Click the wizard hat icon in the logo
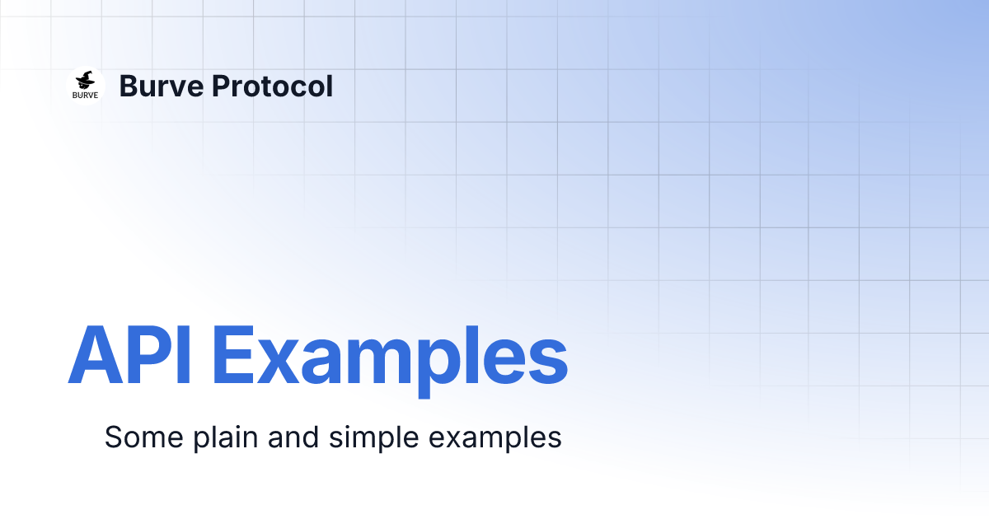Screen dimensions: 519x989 pos(85,81)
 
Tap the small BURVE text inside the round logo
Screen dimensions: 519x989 pos(85,95)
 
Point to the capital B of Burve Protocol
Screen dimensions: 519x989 pos(128,86)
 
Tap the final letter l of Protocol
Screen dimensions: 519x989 pos(329,86)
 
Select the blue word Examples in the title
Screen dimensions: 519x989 pos(390,357)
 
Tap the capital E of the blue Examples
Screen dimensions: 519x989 pos(233,355)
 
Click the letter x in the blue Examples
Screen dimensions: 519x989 pos(282,362)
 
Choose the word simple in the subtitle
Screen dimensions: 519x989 pos(374,437)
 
